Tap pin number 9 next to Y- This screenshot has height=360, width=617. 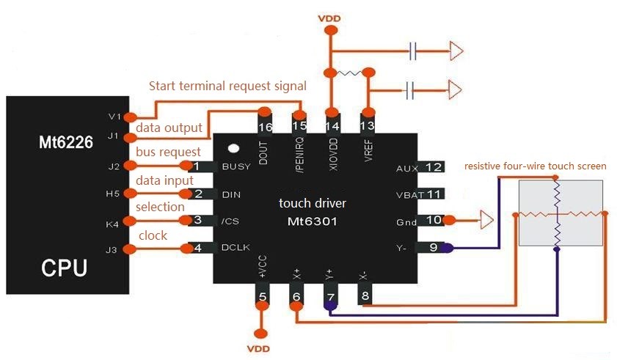434,248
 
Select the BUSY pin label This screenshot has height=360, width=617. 236,166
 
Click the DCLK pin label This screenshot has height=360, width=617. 236,248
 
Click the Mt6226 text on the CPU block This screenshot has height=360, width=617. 66,142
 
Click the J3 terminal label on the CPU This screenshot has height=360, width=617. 112,250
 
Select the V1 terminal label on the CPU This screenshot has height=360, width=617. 112,116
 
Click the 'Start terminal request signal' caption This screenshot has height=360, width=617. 227,86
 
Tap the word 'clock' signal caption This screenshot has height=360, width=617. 153,235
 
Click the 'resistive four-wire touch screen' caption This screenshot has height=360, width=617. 536,166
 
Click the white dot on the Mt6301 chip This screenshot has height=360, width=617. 233,149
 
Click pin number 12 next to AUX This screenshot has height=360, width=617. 434,167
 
